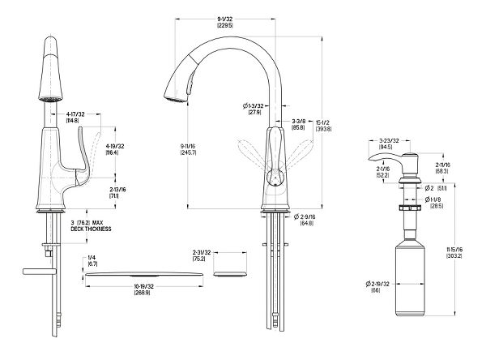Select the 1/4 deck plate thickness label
[92, 261]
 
